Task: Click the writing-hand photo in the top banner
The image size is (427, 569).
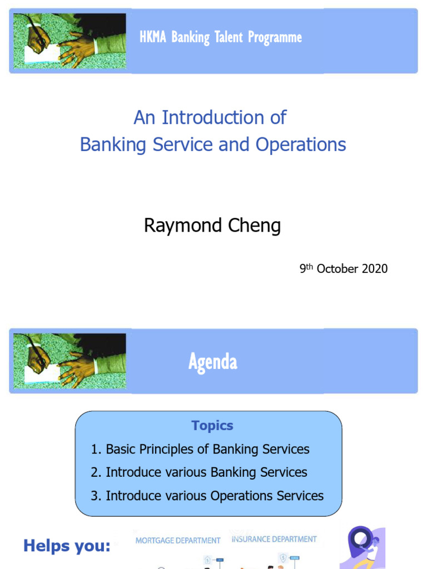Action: [x=69, y=41]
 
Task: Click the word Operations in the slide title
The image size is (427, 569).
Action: [x=301, y=144]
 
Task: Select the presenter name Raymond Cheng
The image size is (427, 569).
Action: [x=212, y=226]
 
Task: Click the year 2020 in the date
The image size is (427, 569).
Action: [x=374, y=269]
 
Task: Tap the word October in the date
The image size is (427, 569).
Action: [x=337, y=269]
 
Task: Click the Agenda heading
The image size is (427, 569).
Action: [x=213, y=362]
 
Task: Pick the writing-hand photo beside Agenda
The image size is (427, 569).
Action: [x=69, y=361]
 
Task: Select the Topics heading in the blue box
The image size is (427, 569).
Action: [x=212, y=426]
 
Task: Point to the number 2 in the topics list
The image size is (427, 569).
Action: [x=95, y=472]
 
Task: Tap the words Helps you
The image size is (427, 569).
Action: [x=67, y=546]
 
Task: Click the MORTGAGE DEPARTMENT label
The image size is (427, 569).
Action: [x=178, y=540]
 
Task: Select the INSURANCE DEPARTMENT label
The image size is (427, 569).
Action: [x=274, y=539]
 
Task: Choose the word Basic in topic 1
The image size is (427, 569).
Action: [x=121, y=449]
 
